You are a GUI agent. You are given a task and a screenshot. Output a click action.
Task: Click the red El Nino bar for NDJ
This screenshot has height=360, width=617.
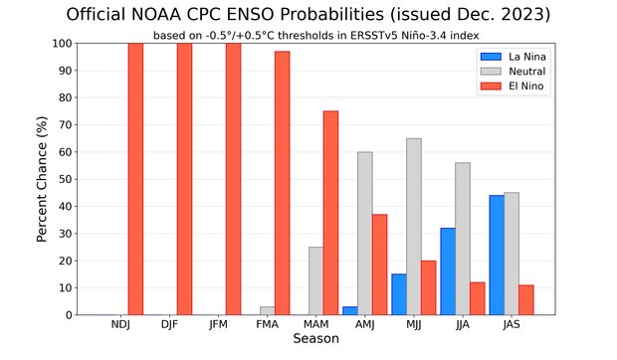pyautogui.click(x=135, y=179)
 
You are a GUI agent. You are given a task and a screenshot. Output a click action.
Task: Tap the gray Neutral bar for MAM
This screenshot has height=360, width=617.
pyautogui.click(x=315, y=280)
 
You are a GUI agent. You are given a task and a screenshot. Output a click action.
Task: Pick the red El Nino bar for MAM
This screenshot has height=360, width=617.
pyautogui.click(x=330, y=213)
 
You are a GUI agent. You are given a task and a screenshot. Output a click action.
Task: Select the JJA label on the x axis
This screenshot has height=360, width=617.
pyautogui.click(x=462, y=325)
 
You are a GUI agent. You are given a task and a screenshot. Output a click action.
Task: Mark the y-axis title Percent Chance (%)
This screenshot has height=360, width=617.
pyautogui.click(x=43, y=179)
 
